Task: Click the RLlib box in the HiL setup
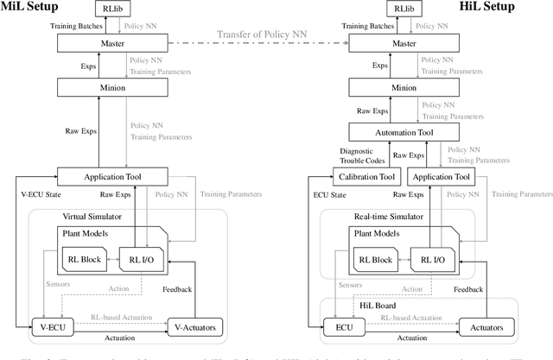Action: (414, 11)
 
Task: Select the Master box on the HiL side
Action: (414, 42)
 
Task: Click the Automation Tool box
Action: (414, 131)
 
